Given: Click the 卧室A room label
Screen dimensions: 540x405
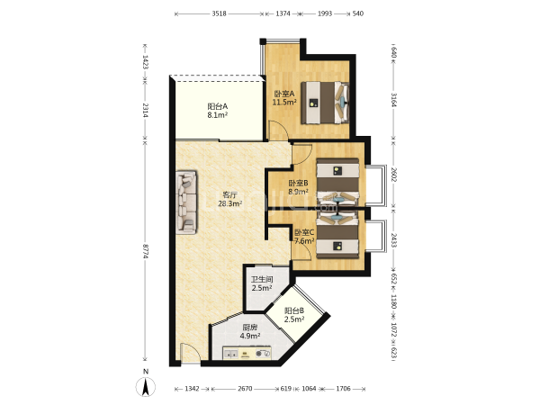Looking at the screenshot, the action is (x=284, y=98).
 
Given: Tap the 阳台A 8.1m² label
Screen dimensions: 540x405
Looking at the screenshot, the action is (x=217, y=111).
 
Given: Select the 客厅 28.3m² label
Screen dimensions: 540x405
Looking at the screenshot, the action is (x=230, y=199).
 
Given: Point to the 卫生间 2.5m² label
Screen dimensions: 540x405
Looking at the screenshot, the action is (x=262, y=283).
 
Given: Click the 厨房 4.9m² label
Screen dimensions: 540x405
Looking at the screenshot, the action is (x=249, y=331).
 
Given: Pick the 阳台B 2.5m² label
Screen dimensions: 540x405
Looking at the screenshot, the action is (x=294, y=315).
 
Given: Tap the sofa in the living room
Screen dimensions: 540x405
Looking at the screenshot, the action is (x=186, y=202).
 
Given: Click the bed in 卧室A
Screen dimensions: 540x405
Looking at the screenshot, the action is (x=325, y=103).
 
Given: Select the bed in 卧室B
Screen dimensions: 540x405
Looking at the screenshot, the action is (x=337, y=181).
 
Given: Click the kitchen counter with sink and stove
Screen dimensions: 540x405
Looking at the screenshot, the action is (x=247, y=353).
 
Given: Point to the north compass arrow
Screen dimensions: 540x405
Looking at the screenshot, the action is (x=146, y=386).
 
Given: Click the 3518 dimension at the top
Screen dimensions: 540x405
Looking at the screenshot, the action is (x=219, y=13).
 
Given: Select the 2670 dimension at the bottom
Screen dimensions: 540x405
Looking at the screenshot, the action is (x=245, y=389).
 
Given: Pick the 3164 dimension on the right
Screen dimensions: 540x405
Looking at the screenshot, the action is (x=394, y=100).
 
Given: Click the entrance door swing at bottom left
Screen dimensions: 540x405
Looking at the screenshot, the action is (x=190, y=352).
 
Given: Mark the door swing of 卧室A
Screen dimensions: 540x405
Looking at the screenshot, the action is (x=278, y=130).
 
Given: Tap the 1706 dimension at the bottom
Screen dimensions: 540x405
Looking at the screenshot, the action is (x=343, y=389).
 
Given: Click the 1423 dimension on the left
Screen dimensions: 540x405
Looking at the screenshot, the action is (x=145, y=62).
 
